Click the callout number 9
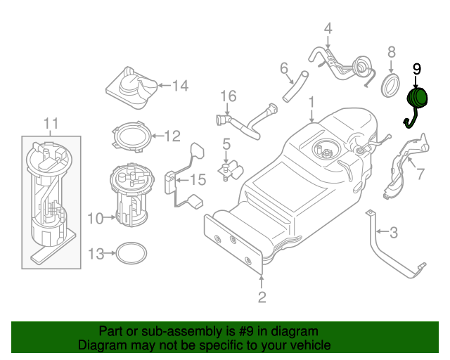[x=416, y=68]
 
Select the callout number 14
[x=181, y=86]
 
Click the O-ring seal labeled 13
[x=131, y=252]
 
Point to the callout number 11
[x=51, y=124]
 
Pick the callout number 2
[x=262, y=297]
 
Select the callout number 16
[x=227, y=96]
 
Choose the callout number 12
[x=173, y=136]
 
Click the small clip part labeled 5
[x=228, y=169]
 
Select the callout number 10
[x=96, y=219]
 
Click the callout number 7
[x=420, y=174]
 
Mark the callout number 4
[x=328, y=29]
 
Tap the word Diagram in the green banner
[x=101, y=345]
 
